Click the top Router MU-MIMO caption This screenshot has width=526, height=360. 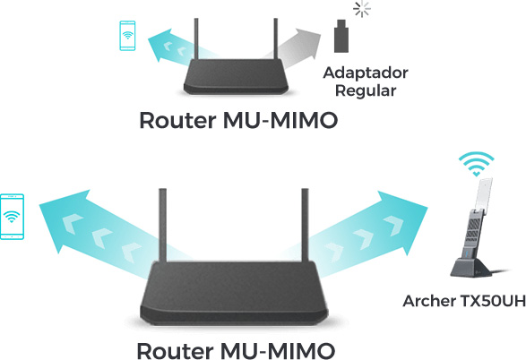coord(239,120)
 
